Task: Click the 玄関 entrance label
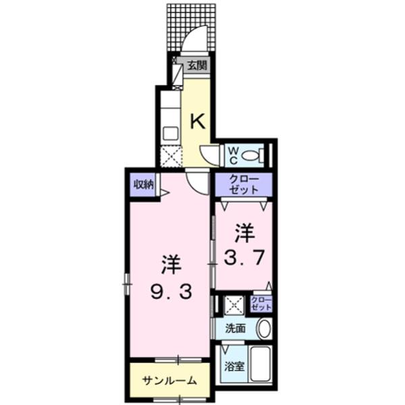click(197, 65)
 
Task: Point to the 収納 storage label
click(142, 184)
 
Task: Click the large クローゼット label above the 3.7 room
click(244, 184)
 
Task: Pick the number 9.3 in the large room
click(171, 292)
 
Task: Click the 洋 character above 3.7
click(244, 233)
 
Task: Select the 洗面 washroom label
click(235, 329)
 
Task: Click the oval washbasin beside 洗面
click(264, 329)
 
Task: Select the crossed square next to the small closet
click(235, 305)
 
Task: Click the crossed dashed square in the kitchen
click(170, 157)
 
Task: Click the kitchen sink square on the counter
click(169, 133)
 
